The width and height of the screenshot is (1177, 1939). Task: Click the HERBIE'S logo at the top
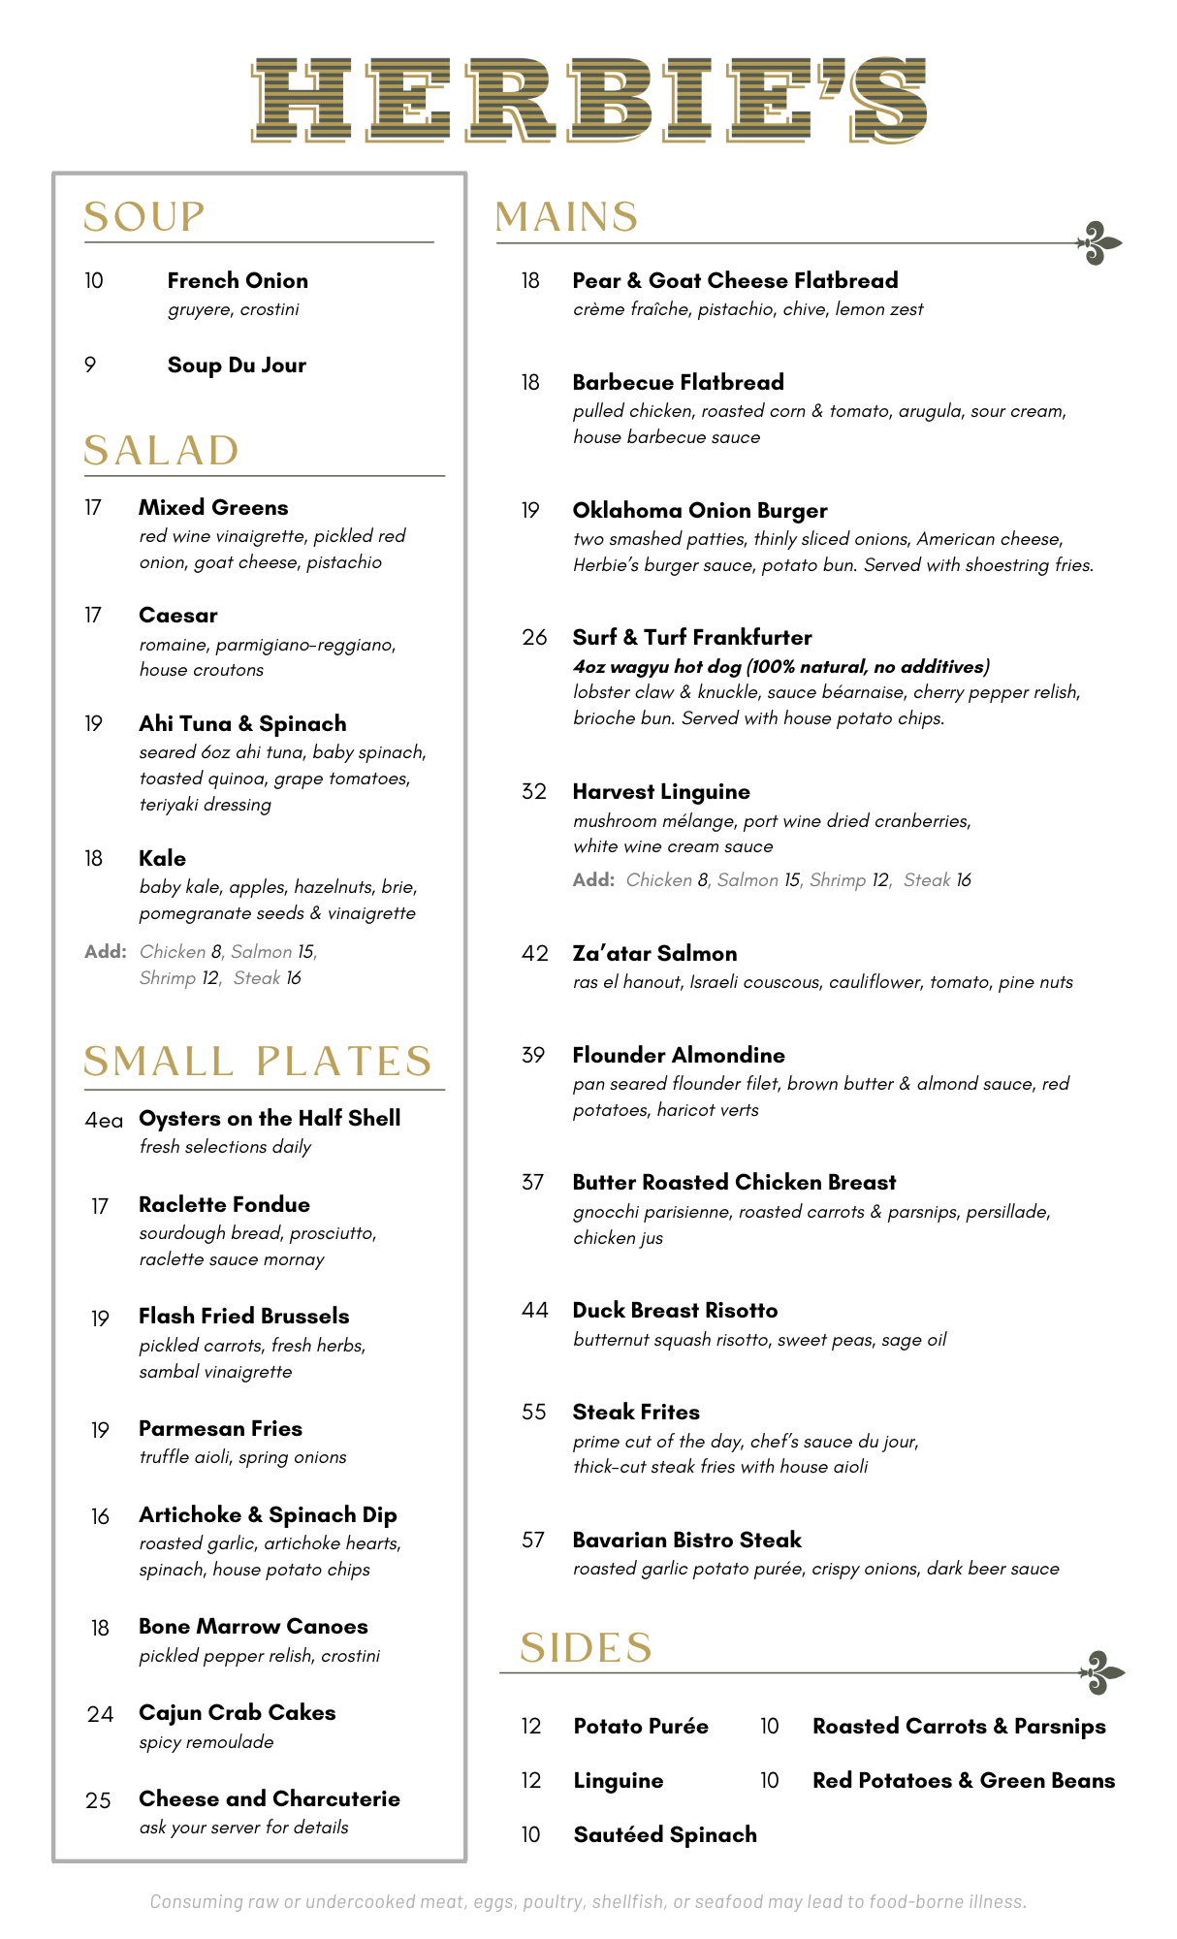pyautogui.click(x=588, y=99)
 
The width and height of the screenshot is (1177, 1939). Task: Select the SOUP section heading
pyautogui.click(x=144, y=217)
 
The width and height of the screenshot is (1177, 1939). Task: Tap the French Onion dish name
pyautogui.click(x=238, y=281)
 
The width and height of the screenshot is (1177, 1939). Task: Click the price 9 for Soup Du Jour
pyautogui.click(x=90, y=366)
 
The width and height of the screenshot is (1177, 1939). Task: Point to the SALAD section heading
pyautogui.click(x=161, y=451)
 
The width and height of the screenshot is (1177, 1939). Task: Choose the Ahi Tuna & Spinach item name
pyautogui.click(x=242, y=724)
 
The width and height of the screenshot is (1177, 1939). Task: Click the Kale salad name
pyautogui.click(x=162, y=859)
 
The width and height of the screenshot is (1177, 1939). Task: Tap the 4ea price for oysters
pyautogui.click(x=104, y=1121)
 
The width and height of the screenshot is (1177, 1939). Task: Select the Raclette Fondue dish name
pyautogui.click(x=224, y=1205)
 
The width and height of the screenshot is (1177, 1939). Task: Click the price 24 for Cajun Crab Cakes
pyautogui.click(x=100, y=1714)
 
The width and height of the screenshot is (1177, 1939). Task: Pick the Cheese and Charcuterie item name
pyautogui.click(x=270, y=1799)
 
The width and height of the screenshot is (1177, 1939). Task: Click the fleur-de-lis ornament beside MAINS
pyautogui.click(x=1100, y=243)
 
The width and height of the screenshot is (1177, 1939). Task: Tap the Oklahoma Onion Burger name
pyautogui.click(x=699, y=511)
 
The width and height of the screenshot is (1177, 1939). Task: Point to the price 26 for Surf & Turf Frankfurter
pyautogui.click(x=534, y=638)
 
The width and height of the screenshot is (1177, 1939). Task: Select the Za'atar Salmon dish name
pyautogui.click(x=654, y=954)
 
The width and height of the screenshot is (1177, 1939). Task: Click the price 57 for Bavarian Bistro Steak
pyautogui.click(x=533, y=1541)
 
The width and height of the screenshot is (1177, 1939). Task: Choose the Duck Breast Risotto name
pyautogui.click(x=675, y=1311)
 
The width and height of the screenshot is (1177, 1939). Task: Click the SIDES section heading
pyautogui.click(x=586, y=1648)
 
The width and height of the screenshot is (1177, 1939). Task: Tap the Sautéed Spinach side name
pyautogui.click(x=665, y=1835)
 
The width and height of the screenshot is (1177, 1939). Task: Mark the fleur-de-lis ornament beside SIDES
pyautogui.click(x=1102, y=1672)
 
